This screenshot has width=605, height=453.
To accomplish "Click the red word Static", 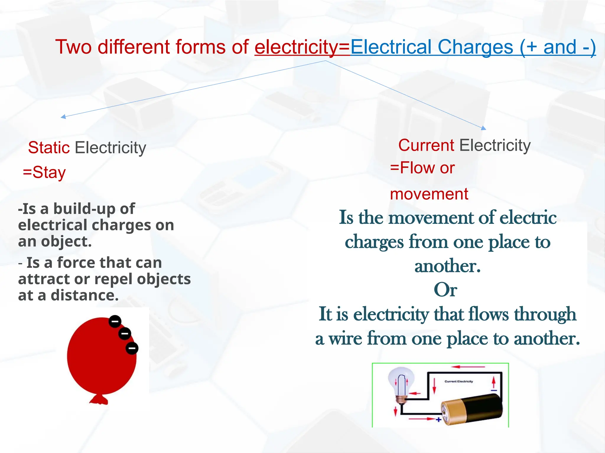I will (49, 147).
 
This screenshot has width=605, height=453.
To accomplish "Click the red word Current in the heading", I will (426, 145).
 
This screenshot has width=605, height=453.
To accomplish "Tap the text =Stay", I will (44, 172).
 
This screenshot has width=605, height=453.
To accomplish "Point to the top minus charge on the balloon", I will (115, 321).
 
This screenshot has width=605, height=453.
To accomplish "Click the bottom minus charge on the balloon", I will (132, 348).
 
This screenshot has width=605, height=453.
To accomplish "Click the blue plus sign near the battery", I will (439, 419).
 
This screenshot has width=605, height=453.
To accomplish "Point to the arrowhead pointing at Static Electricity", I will (63, 117).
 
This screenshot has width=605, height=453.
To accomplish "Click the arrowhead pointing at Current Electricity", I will (483, 128).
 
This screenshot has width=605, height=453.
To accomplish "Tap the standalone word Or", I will (445, 290).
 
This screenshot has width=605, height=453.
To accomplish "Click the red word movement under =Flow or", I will (429, 194).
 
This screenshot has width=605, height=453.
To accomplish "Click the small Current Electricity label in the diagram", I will (458, 381).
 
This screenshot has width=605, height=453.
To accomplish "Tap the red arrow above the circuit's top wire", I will (468, 367).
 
